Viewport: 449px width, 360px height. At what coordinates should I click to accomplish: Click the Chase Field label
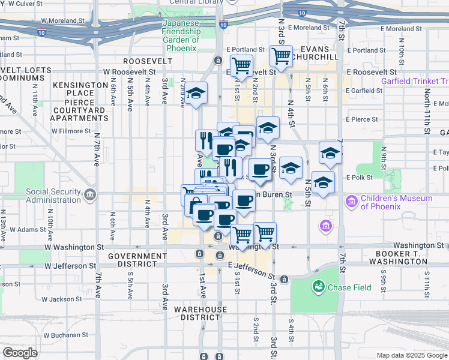[349, 287]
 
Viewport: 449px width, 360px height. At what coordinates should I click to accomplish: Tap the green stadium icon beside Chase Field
[317, 287]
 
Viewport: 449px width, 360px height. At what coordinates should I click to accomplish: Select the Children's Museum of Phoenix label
[396, 202]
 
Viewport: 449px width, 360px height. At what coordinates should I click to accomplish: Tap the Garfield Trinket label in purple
[415, 81]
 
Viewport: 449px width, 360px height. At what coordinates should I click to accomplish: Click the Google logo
[20, 353]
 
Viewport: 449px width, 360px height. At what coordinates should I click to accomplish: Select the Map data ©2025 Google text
[412, 355]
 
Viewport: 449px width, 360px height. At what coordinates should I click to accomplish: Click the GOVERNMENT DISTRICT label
[137, 260]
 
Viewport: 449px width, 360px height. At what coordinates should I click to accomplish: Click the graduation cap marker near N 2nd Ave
[196, 93]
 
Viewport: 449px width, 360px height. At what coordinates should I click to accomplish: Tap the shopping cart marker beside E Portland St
[281, 56]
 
